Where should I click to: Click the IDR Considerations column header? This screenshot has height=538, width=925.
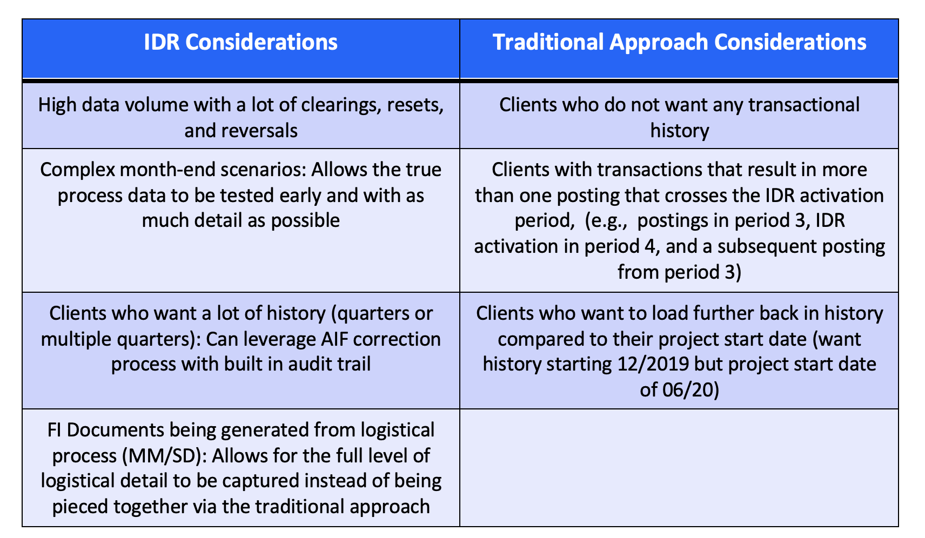[241, 42]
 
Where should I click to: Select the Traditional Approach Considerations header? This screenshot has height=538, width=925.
[679, 42]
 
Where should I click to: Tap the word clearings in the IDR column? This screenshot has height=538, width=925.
[341, 105]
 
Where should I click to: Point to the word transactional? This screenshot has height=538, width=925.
[804, 104]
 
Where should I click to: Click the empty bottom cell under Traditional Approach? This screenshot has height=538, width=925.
[679, 468]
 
